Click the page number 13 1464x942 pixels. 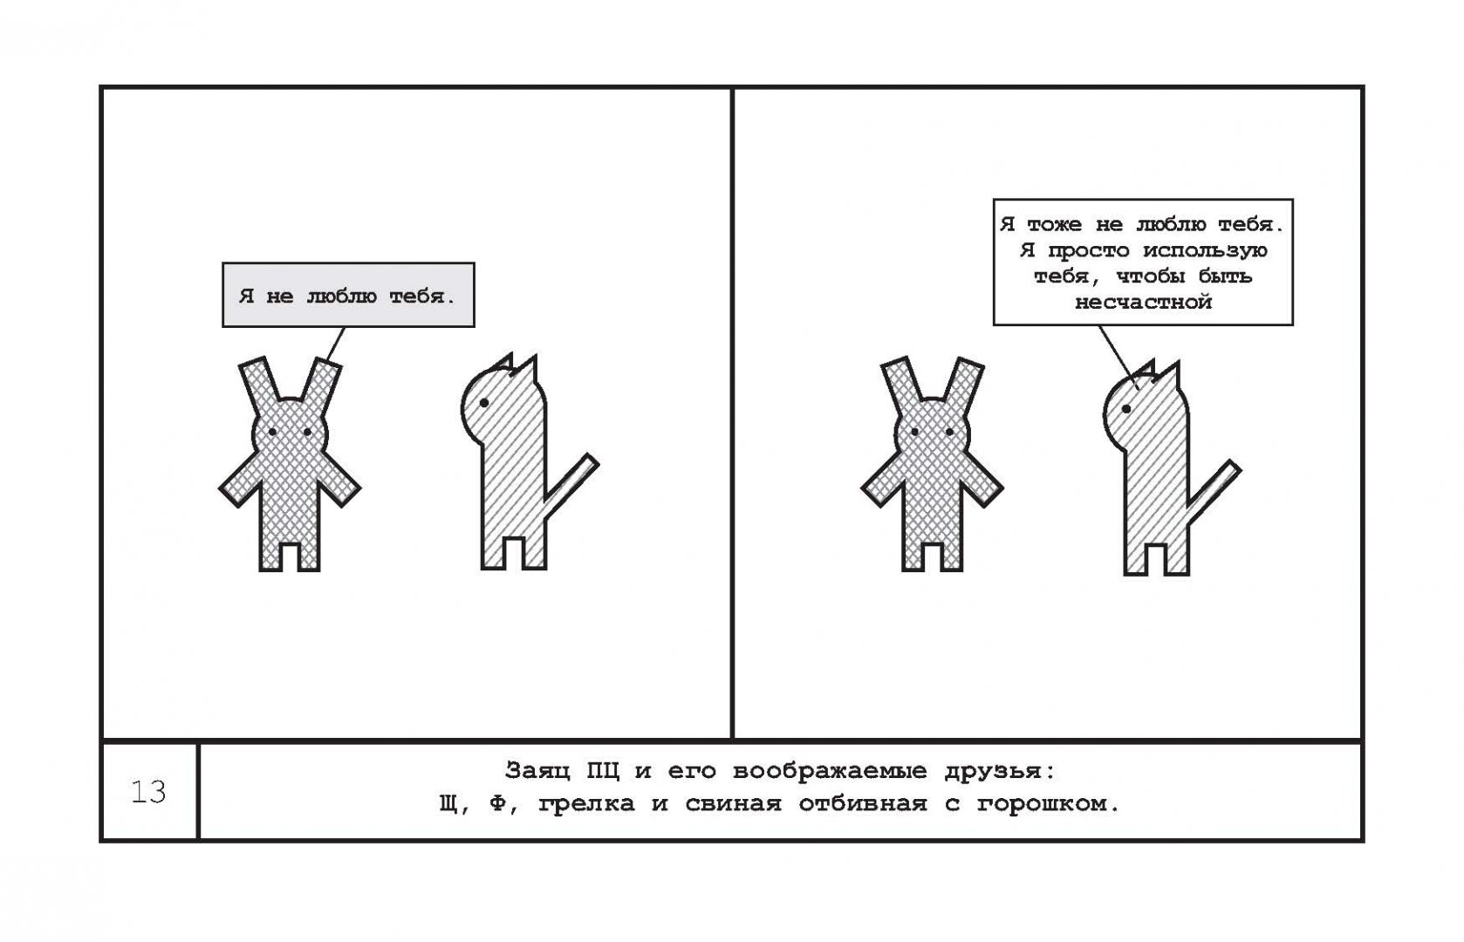[148, 792]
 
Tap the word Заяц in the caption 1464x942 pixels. [537, 772]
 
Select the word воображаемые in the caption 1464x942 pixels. [830, 772]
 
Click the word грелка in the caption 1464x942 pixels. [586, 804]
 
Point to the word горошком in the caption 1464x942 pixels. [1049, 804]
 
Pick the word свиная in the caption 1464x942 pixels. [733, 803]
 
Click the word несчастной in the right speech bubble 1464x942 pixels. [1143, 303]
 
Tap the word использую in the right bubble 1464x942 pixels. [1205, 251]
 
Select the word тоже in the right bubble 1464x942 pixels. [1054, 225]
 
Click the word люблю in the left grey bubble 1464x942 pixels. [341, 297]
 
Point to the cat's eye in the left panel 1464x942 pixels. [484, 402]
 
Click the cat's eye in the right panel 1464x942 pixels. [1126, 409]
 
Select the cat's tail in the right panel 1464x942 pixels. [1213, 490]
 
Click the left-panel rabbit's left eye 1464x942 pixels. [272, 432]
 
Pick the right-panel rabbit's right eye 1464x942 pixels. [949, 432]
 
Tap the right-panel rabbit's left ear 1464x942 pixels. [902, 386]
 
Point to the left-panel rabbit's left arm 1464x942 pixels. [240, 480]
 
